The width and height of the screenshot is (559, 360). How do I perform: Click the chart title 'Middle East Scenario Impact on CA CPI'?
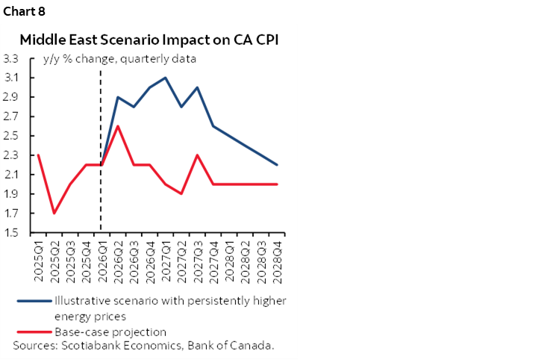click(x=149, y=40)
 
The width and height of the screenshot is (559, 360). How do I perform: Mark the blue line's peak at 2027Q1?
click(x=165, y=78)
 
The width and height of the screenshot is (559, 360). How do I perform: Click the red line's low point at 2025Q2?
click(x=53, y=214)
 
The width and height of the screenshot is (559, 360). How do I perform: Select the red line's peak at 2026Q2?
click(x=117, y=126)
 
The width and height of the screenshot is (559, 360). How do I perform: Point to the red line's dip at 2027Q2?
click(x=181, y=194)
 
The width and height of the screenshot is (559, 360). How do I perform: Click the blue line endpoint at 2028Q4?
click(x=278, y=165)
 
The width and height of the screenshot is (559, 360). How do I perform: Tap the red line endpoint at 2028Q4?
click(x=278, y=184)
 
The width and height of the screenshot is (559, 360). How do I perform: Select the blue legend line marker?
click(x=33, y=300)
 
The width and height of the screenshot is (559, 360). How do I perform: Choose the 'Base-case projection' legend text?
click(x=110, y=332)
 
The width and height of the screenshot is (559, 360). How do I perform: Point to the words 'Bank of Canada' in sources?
click(x=235, y=345)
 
